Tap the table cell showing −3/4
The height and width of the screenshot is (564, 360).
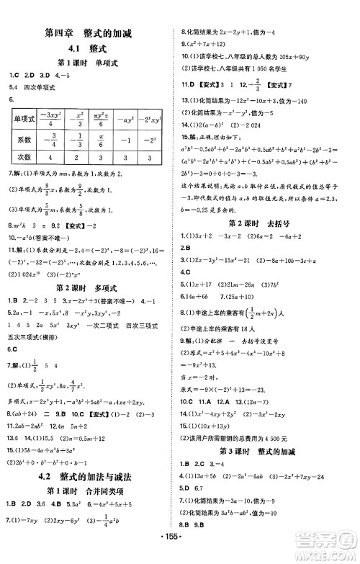pyautogui.click(x=50, y=139)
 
